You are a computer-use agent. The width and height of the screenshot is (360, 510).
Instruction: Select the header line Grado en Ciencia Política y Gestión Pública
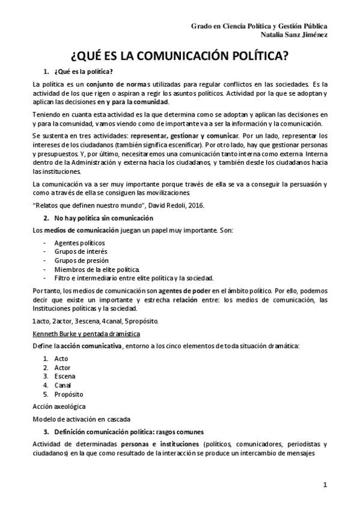(x=259, y=26)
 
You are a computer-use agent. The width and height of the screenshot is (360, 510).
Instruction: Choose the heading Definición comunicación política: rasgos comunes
(x=129, y=432)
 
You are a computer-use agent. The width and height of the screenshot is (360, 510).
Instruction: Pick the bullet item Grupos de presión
(x=78, y=260)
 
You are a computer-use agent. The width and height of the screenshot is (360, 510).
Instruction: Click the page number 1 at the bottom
(x=324, y=485)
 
